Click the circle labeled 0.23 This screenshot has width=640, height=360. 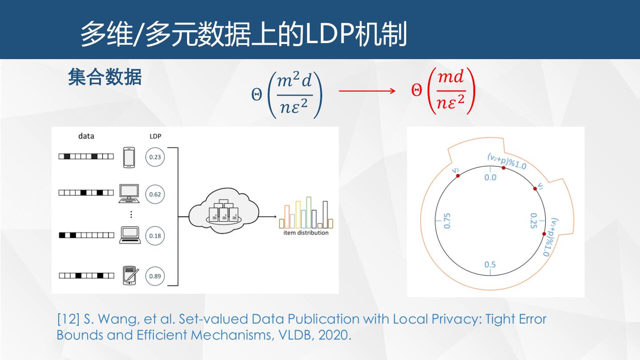[155, 157]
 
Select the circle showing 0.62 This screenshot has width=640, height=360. [155, 194]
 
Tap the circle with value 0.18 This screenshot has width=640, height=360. [155, 236]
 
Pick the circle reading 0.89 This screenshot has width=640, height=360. [155, 276]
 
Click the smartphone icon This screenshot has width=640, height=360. [129, 157]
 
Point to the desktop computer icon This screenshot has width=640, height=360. [129, 194]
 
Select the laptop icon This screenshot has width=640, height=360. [130, 235]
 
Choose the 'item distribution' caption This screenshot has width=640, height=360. [306, 233]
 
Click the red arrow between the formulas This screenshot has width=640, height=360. [367, 91]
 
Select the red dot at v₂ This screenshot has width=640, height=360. [458, 176]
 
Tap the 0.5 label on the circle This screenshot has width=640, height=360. [490, 265]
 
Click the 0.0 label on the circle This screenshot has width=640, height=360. [490, 177]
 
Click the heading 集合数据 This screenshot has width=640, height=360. [105, 77]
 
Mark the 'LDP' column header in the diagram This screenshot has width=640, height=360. [155, 136]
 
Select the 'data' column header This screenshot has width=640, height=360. [86, 136]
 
